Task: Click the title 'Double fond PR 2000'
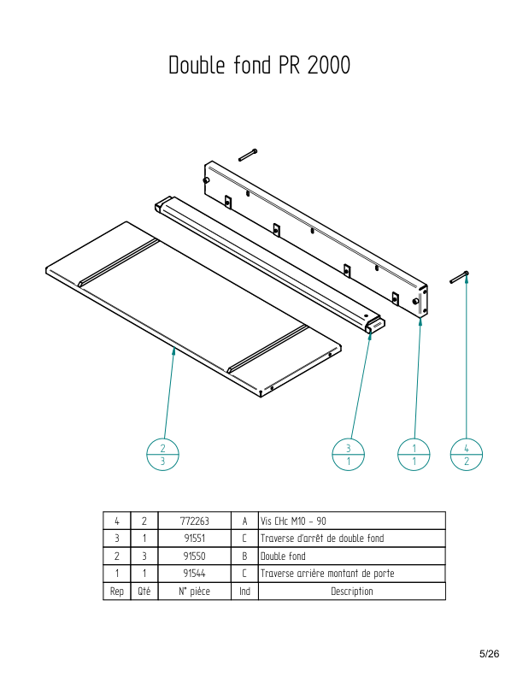click(259, 66)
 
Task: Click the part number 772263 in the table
click(194, 521)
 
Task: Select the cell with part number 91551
click(194, 539)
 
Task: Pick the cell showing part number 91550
click(194, 556)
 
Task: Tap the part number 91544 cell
click(194, 574)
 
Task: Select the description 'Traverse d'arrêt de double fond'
click(321, 539)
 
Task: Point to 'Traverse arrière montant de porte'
click(326, 574)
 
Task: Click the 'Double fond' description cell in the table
click(283, 556)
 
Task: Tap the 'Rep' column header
click(117, 592)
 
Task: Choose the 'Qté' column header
click(144, 592)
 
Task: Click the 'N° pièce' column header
click(194, 592)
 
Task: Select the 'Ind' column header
click(244, 592)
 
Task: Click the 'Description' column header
click(351, 592)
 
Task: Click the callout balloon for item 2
click(163, 455)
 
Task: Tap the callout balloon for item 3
click(348, 455)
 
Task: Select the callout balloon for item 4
click(466, 455)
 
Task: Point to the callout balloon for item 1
click(414, 455)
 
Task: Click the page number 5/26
click(489, 654)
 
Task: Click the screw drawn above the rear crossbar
click(248, 155)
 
